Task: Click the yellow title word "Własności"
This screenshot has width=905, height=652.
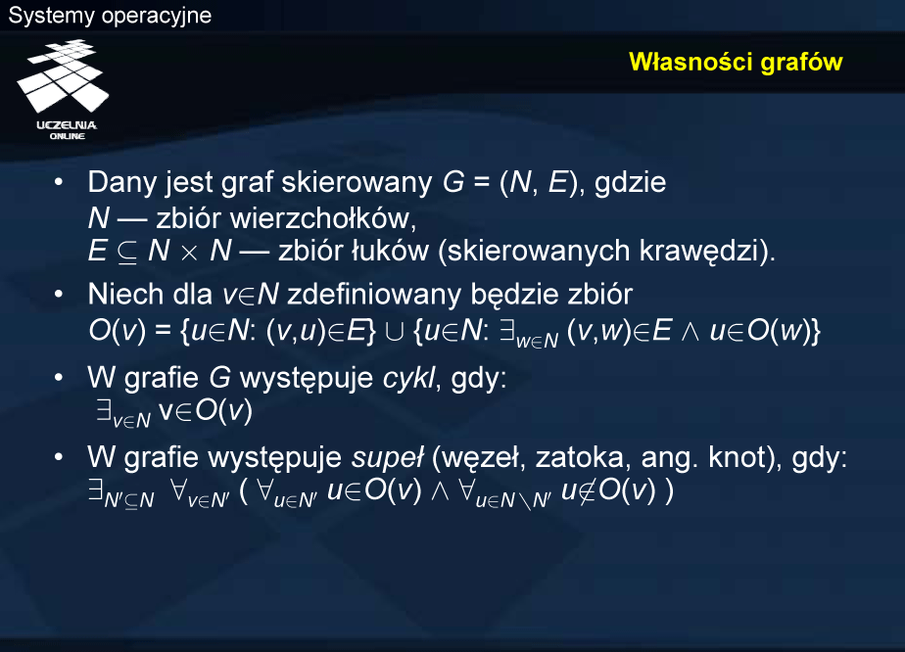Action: pyautogui.click(x=691, y=62)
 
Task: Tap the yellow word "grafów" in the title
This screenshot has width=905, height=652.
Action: pyautogui.click(x=801, y=63)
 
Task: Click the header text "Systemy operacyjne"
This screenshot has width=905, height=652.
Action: pyautogui.click(x=110, y=15)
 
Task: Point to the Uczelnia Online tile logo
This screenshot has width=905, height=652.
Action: pyautogui.click(x=64, y=89)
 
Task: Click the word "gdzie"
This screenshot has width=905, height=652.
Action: pyautogui.click(x=631, y=183)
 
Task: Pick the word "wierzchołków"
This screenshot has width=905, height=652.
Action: pyautogui.click(x=323, y=218)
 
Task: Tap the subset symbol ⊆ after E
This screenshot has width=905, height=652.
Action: pyautogui.click(x=127, y=253)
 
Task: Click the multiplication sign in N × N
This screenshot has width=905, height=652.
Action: pyautogui.click(x=189, y=254)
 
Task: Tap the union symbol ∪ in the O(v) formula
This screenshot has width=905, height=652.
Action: pyautogui.click(x=394, y=332)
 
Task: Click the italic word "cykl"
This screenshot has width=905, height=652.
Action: pyautogui.click(x=409, y=379)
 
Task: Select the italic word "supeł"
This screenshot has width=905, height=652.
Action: pyautogui.click(x=388, y=458)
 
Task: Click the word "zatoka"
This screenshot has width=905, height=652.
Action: pyautogui.click(x=580, y=458)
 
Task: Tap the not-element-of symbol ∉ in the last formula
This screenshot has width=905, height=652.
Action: pyautogui.click(x=587, y=490)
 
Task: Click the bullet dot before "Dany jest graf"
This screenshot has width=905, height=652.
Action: pyautogui.click(x=59, y=182)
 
